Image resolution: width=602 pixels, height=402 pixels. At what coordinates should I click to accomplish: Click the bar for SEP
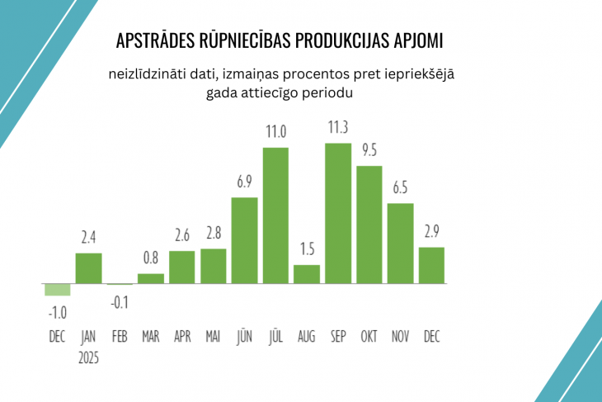(338, 214)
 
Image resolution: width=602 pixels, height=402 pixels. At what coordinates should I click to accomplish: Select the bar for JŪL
(275, 215)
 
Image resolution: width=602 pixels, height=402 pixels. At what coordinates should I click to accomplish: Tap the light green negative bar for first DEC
(57, 290)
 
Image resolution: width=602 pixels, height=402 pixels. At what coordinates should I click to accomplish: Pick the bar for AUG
(307, 274)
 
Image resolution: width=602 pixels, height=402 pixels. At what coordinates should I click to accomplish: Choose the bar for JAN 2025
(88, 268)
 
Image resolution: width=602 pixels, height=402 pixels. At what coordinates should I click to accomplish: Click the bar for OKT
(369, 225)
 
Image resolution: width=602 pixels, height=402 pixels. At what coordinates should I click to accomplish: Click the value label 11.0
(275, 131)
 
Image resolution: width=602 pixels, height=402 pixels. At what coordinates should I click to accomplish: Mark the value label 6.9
(244, 181)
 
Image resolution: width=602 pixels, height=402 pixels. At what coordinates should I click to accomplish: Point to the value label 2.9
(431, 231)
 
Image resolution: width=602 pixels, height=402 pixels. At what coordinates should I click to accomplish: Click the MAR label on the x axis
(151, 337)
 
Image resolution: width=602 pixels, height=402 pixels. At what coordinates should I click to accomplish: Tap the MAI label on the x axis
(213, 337)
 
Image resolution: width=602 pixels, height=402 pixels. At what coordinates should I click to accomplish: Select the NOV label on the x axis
(400, 337)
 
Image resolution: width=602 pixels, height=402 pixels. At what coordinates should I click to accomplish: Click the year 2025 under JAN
(88, 357)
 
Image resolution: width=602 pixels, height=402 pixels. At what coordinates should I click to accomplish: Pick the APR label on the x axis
(182, 337)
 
